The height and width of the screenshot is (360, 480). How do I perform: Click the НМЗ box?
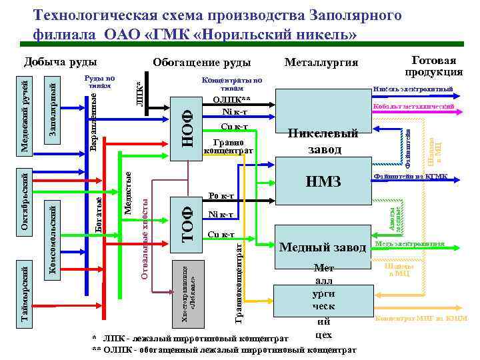323,181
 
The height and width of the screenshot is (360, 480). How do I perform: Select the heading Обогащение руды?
201,63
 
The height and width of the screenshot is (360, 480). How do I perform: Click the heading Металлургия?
321,63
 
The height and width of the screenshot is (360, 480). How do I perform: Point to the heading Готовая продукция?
434,65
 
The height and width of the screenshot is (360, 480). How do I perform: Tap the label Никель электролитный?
413,89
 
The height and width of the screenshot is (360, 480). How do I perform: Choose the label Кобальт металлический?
413,107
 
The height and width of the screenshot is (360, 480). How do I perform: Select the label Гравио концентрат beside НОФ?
233,147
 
